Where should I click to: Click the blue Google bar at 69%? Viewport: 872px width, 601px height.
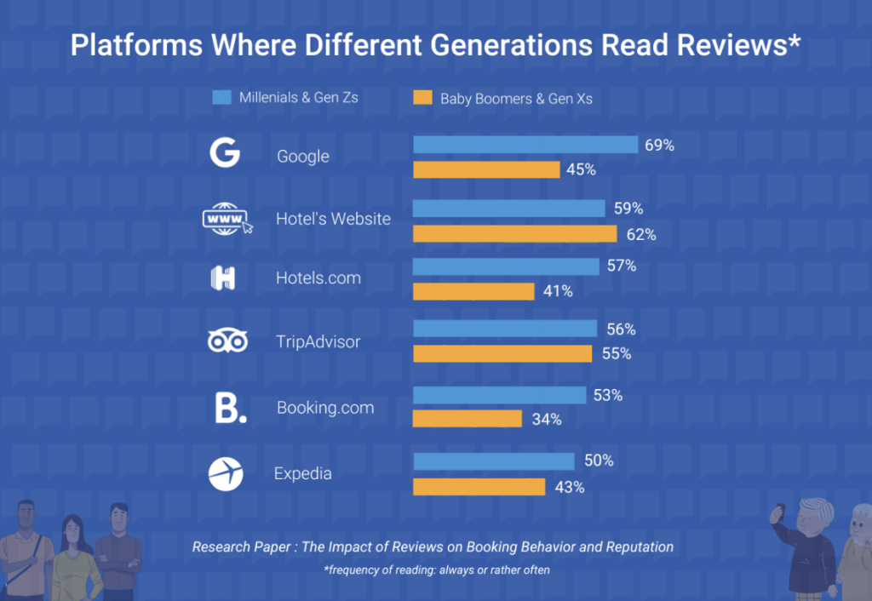[x=525, y=145]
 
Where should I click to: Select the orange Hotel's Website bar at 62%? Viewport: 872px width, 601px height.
[x=514, y=234]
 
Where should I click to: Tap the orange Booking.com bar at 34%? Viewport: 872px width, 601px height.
[x=467, y=419]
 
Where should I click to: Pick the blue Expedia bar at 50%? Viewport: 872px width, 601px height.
[x=493, y=461]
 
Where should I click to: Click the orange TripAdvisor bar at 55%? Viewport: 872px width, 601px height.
[x=502, y=353]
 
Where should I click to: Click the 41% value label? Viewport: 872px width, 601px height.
[x=558, y=291]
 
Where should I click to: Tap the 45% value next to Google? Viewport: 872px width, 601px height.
[x=581, y=169]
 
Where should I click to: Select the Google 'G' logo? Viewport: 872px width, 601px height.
[x=225, y=154]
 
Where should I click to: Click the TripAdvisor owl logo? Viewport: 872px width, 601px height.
[x=227, y=341]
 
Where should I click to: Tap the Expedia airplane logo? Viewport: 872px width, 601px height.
[x=226, y=474]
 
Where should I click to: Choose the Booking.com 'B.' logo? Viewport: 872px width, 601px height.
[x=230, y=408]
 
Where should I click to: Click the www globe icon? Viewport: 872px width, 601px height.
[x=227, y=219]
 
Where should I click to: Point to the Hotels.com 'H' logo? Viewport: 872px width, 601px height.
[x=223, y=278]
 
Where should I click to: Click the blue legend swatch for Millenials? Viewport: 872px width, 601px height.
[x=221, y=97]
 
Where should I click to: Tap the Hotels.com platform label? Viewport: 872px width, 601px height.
[x=318, y=278]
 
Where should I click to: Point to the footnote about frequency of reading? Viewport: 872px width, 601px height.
[x=436, y=570]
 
